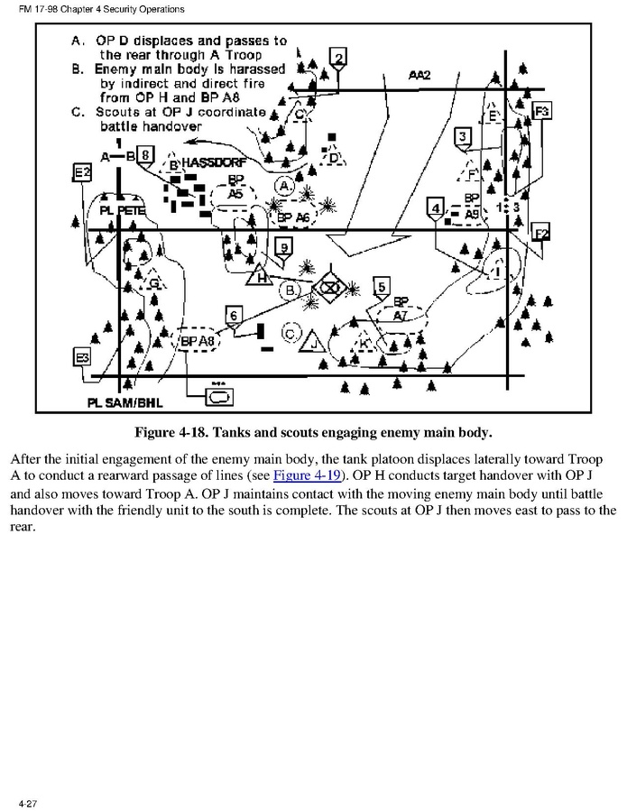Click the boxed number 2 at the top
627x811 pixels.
[337, 60]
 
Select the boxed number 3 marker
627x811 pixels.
[462, 136]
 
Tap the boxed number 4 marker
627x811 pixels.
[436, 208]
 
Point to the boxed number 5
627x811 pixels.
[382, 287]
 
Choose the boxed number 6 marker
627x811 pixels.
[234, 315]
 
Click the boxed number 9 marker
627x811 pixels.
[284, 247]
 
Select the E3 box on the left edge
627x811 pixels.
[82, 358]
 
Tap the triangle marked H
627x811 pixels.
[260, 277]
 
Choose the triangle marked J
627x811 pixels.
[313, 343]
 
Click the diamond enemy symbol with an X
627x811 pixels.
[330, 288]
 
